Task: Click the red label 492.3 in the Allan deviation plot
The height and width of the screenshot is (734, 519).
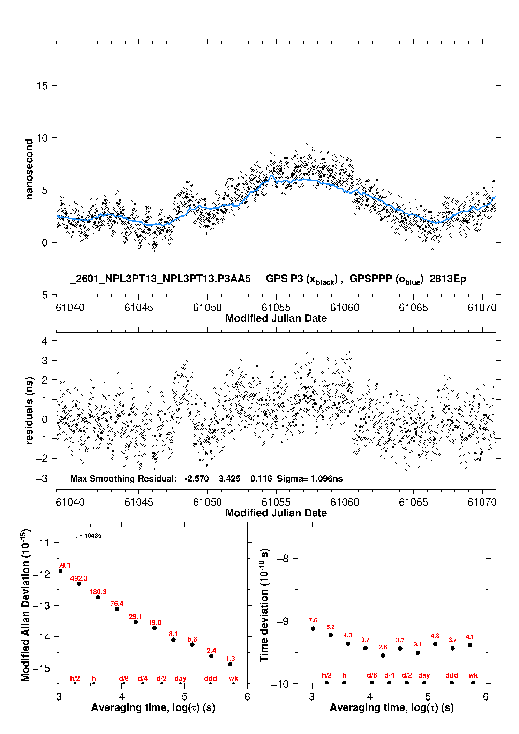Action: pos(79,578)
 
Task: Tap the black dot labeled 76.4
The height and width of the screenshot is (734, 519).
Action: pos(117,609)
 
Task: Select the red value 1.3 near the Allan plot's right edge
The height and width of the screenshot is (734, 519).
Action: pos(230,658)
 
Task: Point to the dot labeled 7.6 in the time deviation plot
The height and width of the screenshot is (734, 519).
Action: pos(313,628)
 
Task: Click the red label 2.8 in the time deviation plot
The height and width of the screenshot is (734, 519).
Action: pos(383,647)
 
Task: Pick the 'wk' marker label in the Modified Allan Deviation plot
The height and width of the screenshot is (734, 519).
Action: pos(233,678)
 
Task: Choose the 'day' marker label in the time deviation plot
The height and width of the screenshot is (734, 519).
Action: pos(424,675)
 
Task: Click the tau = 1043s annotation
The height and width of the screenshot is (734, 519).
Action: pos(88,536)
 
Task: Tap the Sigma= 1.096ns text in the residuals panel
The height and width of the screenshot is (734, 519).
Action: pos(310,478)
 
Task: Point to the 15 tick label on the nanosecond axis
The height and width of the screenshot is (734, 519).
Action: pos(42,85)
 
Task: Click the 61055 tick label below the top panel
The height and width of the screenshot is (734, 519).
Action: pos(276,308)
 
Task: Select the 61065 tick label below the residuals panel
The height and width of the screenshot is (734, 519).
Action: pos(413,502)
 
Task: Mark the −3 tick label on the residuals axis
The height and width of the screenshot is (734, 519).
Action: pos(42,478)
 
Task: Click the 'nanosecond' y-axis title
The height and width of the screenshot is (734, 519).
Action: pos(29,169)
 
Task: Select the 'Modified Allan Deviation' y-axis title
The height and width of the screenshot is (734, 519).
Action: pos(25,605)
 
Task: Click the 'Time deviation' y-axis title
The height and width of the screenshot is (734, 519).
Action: pos(264,605)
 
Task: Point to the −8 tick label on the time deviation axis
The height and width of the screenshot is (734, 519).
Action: pos(283,559)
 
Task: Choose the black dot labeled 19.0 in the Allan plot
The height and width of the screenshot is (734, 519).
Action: pos(155,628)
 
